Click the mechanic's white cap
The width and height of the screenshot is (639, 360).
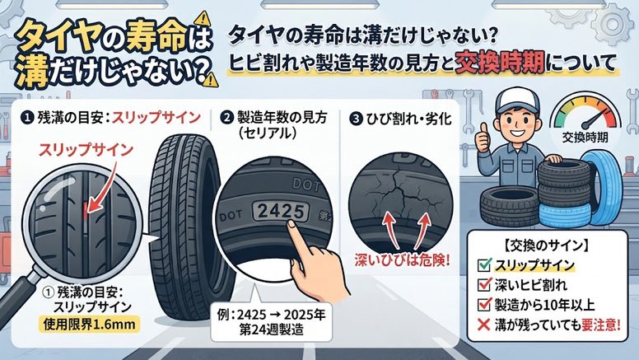(x=516, y=100)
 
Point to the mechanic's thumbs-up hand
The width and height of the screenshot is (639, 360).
(x=483, y=138)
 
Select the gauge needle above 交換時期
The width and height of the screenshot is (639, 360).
(x=595, y=119)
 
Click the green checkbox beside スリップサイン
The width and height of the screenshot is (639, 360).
(x=484, y=264)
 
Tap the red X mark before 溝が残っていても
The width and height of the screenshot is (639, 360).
(x=483, y=325)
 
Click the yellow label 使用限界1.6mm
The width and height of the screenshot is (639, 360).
(x=89, y=325)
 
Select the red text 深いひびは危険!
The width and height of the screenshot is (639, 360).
(x=402, y=260)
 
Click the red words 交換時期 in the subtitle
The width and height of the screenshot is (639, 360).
(x=500, y=63)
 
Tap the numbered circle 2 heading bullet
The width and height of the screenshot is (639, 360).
(x=226, y=118)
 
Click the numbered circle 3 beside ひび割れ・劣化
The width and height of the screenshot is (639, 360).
(x=357, y=119)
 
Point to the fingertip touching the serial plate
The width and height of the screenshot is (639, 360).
(x=291, y=224)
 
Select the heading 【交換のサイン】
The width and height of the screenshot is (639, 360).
(x=545, y=245)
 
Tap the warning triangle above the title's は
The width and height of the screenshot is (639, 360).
(x=203, y=19)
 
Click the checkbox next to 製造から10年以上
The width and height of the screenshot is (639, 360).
(x=484, y=304)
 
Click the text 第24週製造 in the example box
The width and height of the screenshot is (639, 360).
(x=272, y=330)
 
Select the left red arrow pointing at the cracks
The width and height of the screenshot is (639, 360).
(x=392, y=231)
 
